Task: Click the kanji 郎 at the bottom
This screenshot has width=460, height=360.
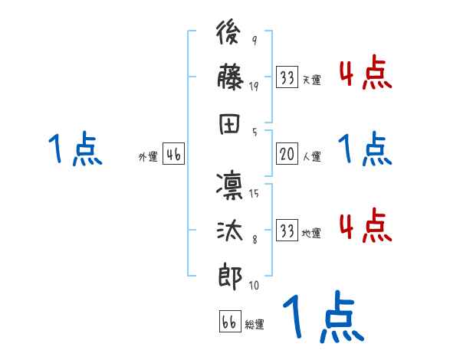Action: coord(231,274)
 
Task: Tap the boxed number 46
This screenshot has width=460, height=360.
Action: coord(172,155)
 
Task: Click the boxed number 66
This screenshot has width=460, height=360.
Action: coord(228,322)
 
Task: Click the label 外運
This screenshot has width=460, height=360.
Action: coord(147,157)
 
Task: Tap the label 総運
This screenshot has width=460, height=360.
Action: coord(254,325)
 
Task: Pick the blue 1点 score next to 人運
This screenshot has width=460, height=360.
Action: coord(364,150)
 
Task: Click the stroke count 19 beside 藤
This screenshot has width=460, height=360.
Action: coord(254,87)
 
